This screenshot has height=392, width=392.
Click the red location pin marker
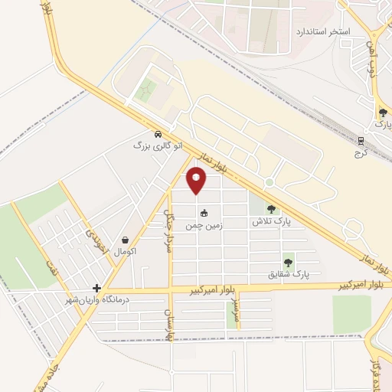[x=197, y=181]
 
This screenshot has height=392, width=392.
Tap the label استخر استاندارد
[x=322, y=32]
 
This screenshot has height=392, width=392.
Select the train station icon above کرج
[x=361, y=140]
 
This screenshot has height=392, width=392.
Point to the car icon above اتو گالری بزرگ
[x=156, y=132]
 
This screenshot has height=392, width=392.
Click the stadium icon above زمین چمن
[x=204, y=214]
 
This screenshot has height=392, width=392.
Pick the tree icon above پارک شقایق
[x=289, y=262]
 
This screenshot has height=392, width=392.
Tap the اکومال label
[x=125, y=252]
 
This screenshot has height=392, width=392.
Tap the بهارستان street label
[x=165, y=317]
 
